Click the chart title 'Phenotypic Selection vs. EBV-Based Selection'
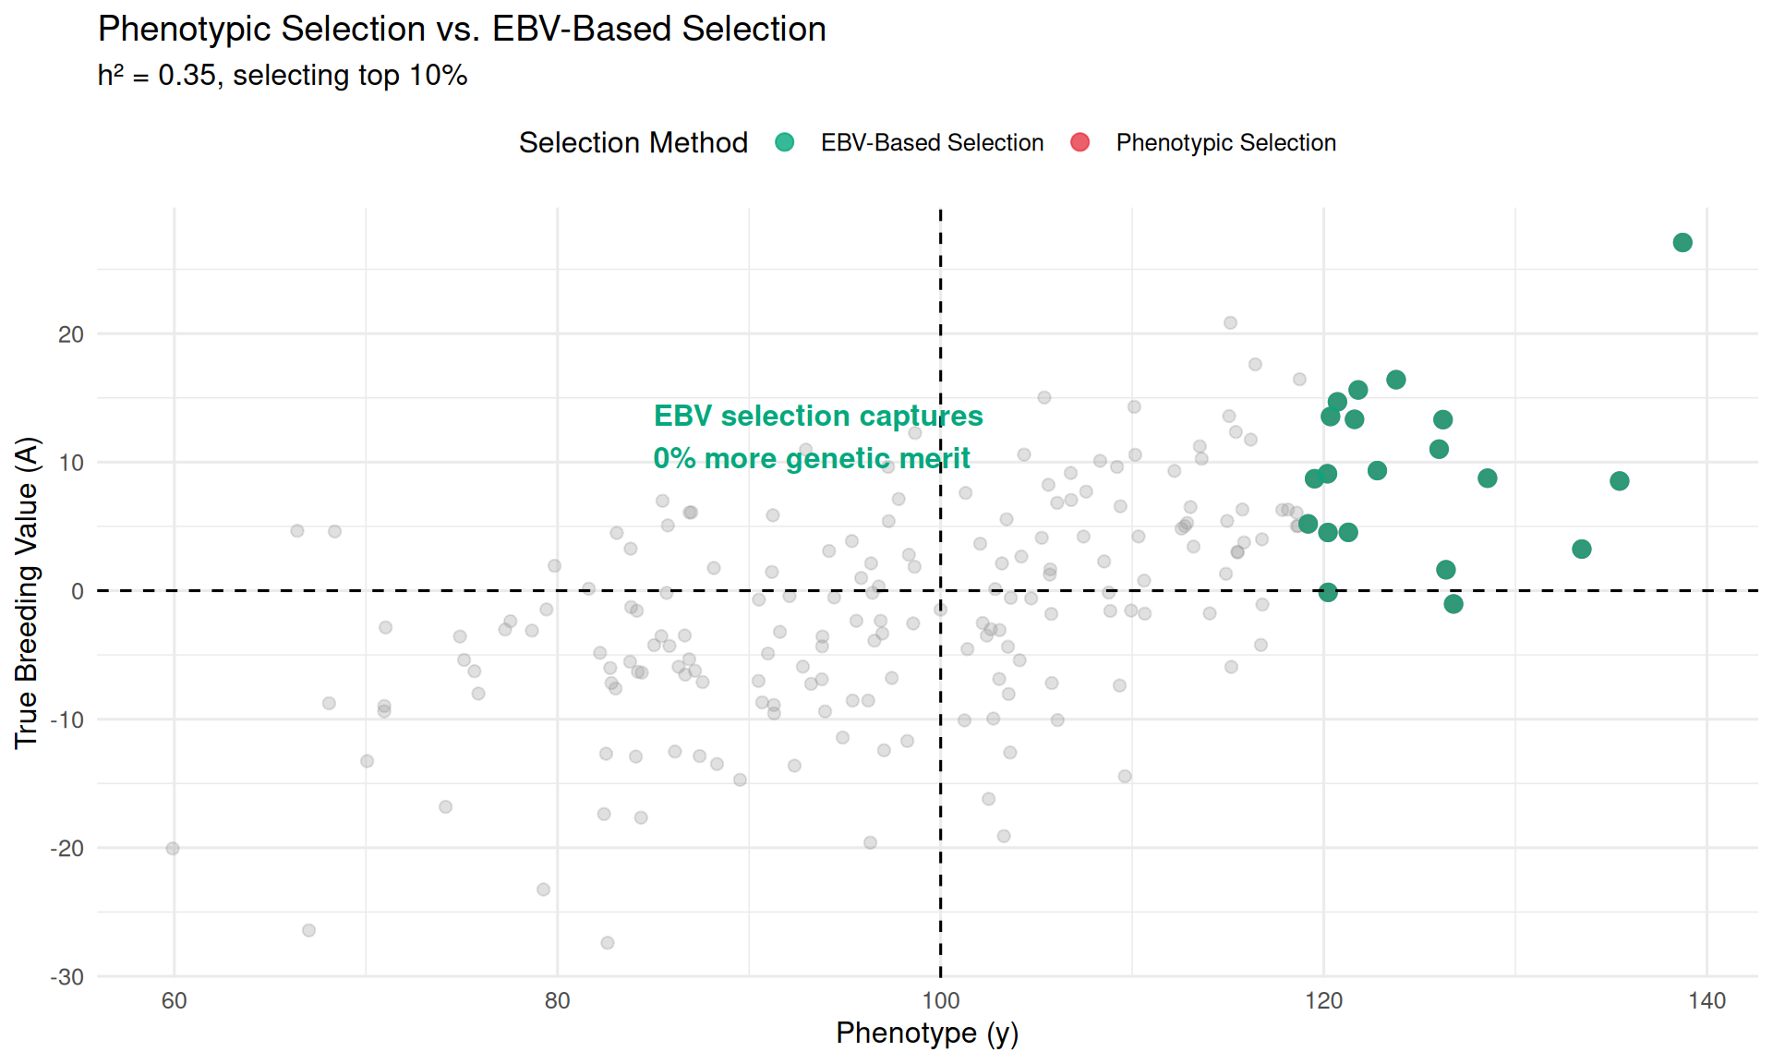462,30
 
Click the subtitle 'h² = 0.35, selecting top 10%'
283,76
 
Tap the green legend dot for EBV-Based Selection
784,142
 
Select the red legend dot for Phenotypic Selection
1079,142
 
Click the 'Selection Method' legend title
633,143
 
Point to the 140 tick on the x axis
1707,1000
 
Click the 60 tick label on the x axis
174,1000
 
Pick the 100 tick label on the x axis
940,1000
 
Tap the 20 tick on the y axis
71,334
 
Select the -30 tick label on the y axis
66,977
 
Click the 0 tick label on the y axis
78,591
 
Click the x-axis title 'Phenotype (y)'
926,1033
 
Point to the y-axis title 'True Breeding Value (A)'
26,592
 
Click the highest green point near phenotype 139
1683,243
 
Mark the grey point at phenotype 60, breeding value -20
173,849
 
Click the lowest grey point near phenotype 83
608,943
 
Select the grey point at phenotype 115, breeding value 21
1230,323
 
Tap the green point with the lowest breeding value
1453,604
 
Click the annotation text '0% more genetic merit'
811,458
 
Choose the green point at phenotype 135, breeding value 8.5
1619,481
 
